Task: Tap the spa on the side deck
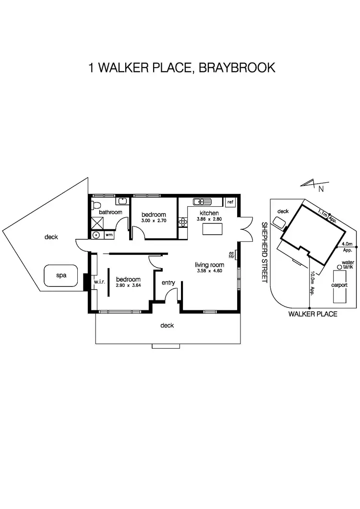(60, 275)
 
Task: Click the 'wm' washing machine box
(109, 235)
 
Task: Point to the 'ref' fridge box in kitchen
(230, 202)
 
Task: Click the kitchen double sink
(202, 201)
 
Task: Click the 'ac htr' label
(231, 255)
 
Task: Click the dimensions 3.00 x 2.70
(154, 220)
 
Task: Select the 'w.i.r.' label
(99, 282)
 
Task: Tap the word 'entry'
(168, 283)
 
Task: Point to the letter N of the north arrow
(321, 189)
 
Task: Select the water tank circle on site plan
(339, 267)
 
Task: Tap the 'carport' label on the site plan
(339, 284)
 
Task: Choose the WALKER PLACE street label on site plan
(312, 314)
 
